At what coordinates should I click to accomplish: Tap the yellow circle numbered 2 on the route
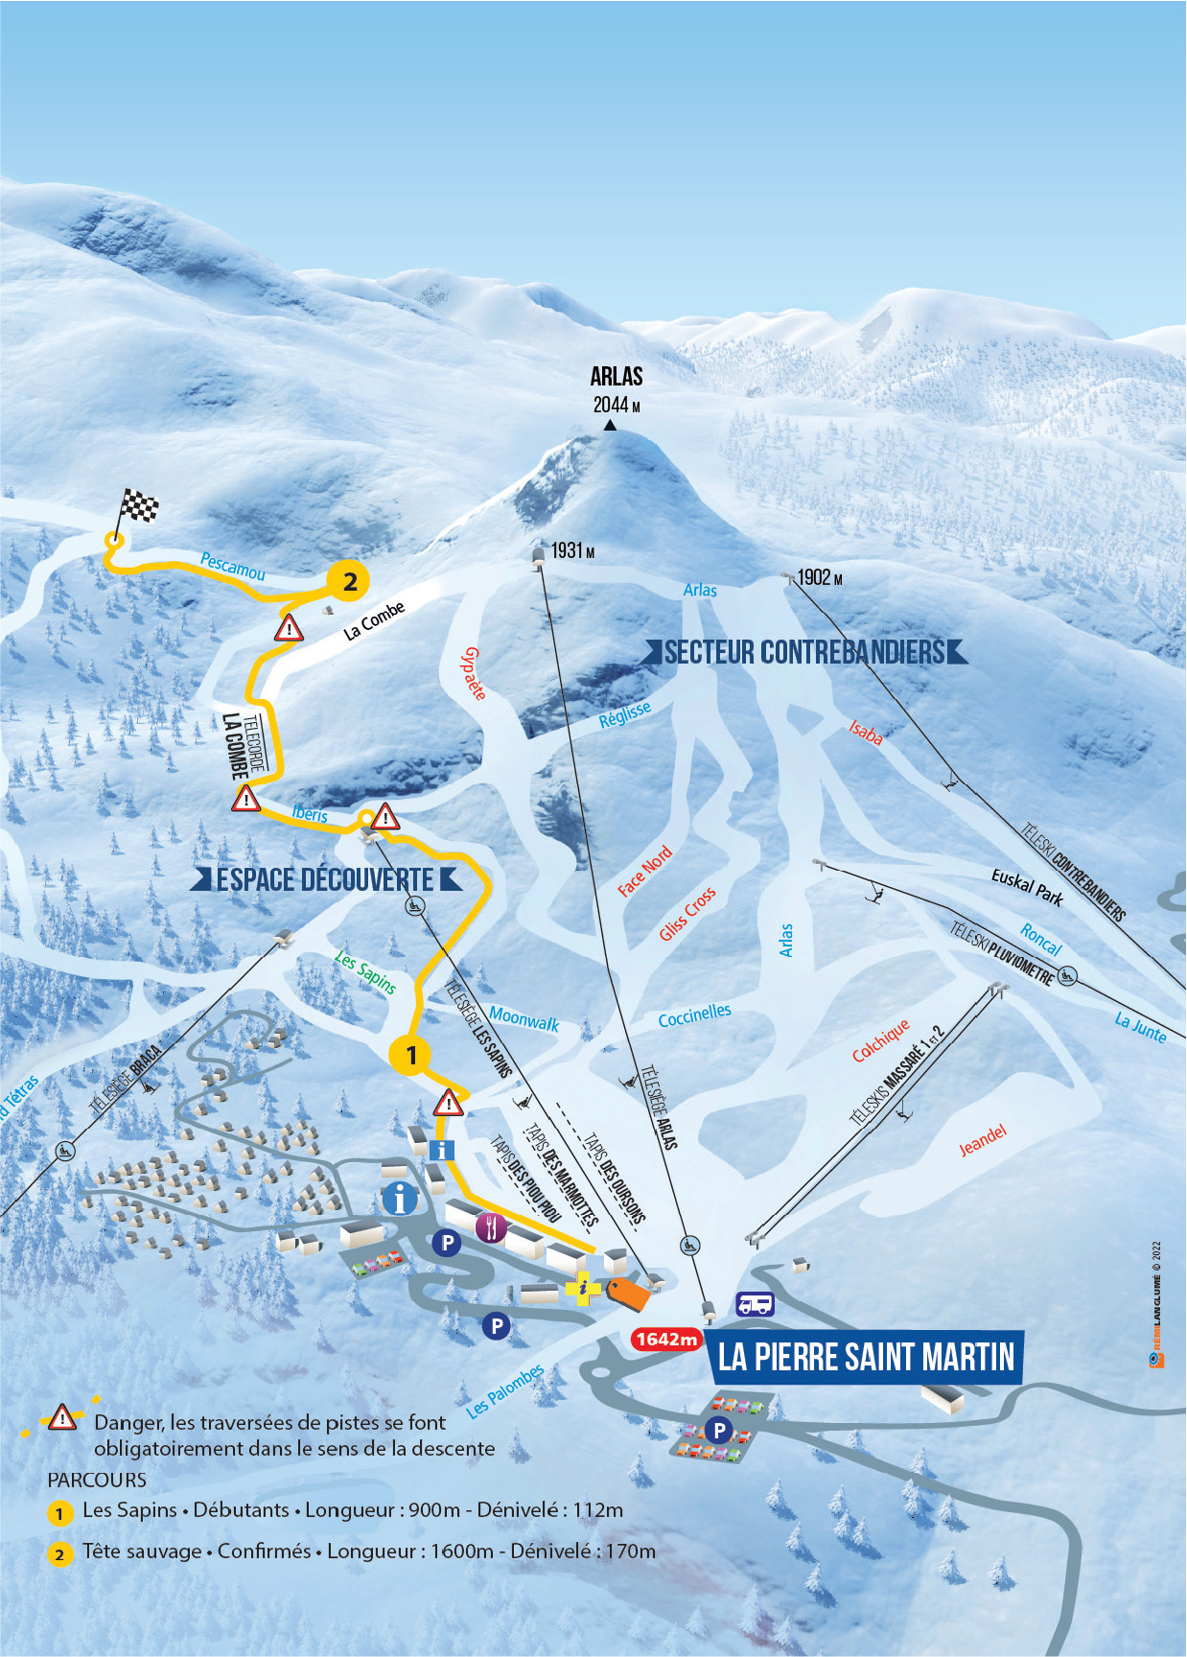[349, 580]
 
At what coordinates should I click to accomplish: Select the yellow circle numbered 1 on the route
[411, 1055]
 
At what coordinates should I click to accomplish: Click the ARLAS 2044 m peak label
[617, 389]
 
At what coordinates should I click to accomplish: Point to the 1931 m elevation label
[572, 550]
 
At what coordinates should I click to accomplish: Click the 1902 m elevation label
[820, 577]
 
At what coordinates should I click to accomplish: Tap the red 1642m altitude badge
[666, 1339]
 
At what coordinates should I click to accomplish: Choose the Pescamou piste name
[232, 566]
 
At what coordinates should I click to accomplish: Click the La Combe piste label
[375, 620]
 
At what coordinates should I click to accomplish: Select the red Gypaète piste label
[474, 673]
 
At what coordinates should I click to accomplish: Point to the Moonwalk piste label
[524, 1017]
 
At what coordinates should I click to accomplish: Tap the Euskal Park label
[1028, 887]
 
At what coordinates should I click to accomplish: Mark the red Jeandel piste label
[984, 1140]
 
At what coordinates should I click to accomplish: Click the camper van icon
[755, 1304]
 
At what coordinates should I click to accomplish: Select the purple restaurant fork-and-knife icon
[491, 1226]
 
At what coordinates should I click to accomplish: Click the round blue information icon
[400, 1198]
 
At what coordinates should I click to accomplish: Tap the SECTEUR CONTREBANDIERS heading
[805, 653]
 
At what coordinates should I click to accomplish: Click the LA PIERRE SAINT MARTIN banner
[866, 1357]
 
